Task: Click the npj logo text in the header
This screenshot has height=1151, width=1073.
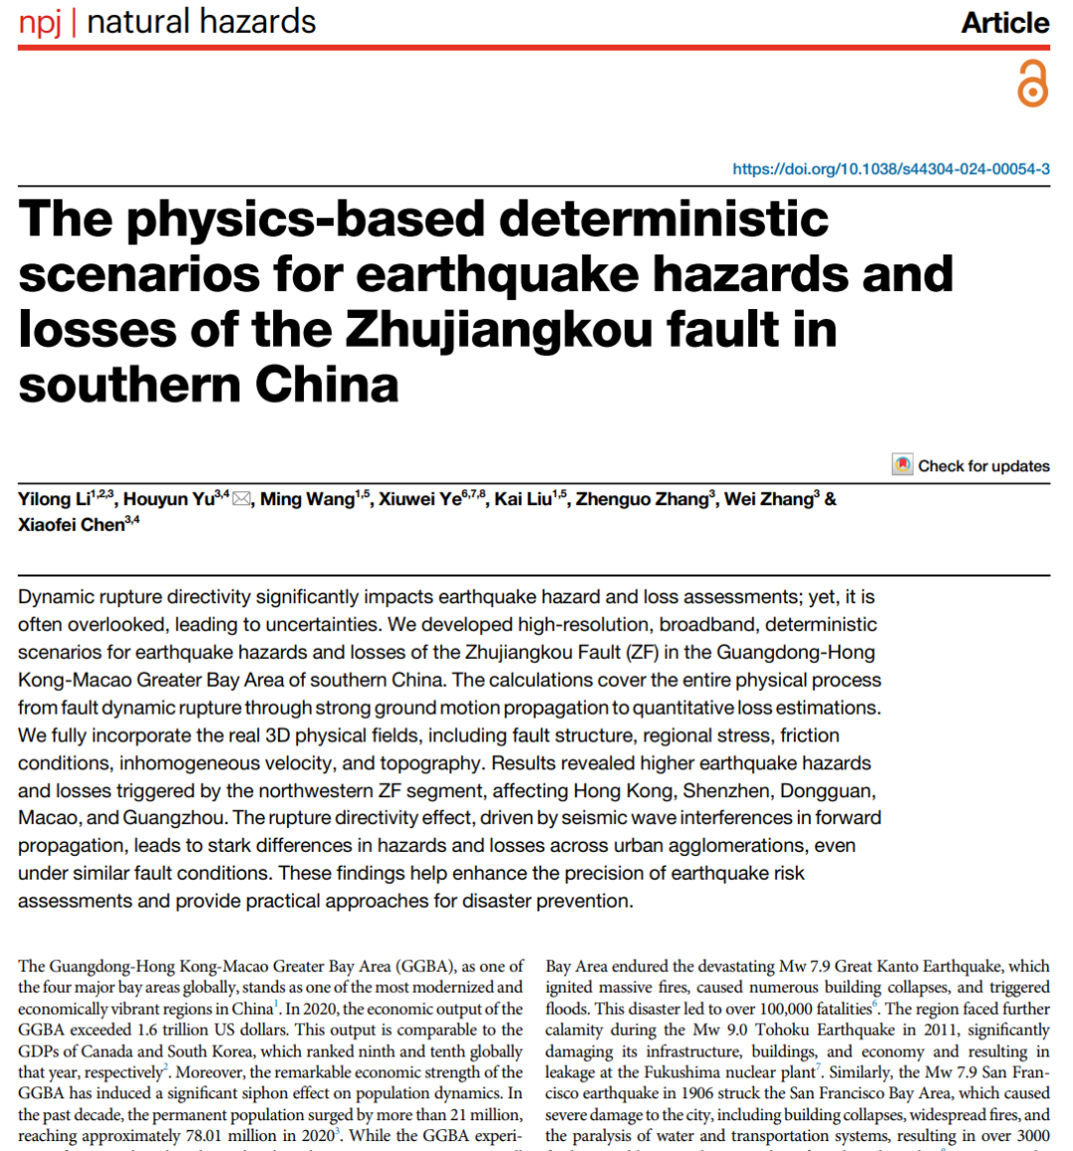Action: pyautogui.click(x=40, y=22)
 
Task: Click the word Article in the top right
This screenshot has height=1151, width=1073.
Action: pyautogui.click(x=1004, y=23)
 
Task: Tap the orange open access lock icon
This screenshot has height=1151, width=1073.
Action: pyautogui.click(x=1032, y=83)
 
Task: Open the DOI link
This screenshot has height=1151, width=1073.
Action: pyautogui.click(x=890, y=169)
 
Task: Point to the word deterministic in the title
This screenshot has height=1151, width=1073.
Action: pyautogui.click(x=663, y=219)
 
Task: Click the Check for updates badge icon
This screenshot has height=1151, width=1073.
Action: pyautogui.click(x=902, y=465)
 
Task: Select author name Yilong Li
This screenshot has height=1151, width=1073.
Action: pyautogui.click(x=54, y=499)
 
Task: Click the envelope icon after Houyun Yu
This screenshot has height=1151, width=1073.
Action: pyautogui.click(x=241, y=499)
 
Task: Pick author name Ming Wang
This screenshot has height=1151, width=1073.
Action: pyautogui.click(x=307, y=499)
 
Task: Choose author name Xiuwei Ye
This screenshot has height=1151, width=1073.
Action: pyautogui.click(x=419, y=499)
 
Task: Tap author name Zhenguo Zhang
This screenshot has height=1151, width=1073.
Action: pyautogui.click(x=642, y=499)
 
